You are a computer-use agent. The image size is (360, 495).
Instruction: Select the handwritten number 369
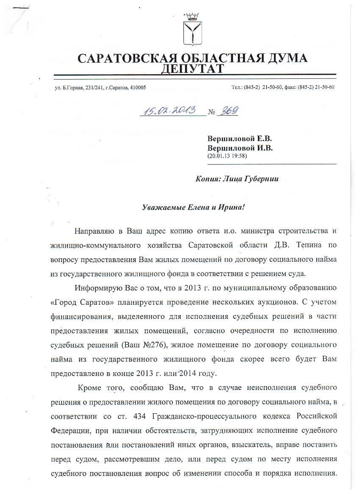[x=228, y=111]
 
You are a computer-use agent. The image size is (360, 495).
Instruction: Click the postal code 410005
[x=137, y=87]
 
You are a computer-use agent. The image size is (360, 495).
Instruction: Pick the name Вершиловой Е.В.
[x=240, y=139]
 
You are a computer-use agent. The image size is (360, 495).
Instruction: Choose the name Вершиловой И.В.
[x=240, y=148]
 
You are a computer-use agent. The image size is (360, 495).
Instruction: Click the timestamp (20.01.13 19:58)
[x=227, y=156]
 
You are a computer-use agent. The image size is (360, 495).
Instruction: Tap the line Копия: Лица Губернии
[x=237, y=179]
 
